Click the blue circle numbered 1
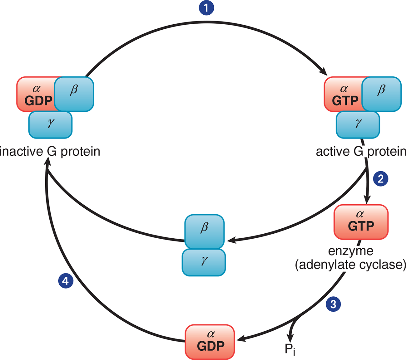coord(206,8)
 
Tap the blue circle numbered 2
coord(381,179)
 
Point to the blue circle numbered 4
coord(66,281)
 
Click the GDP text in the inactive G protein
coord(38,100)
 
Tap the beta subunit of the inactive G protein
coord(74,94)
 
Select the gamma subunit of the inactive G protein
coord(50,125)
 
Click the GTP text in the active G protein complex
coord(345,100)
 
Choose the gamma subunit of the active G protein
coord(358,125)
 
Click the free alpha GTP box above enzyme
coord(361,222)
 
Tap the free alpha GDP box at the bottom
coord(210,342)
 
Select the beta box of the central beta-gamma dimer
coord(204,232)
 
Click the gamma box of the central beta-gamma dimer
coord(204,262)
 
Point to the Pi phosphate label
coord(290,349)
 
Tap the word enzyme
coord(351,251)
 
